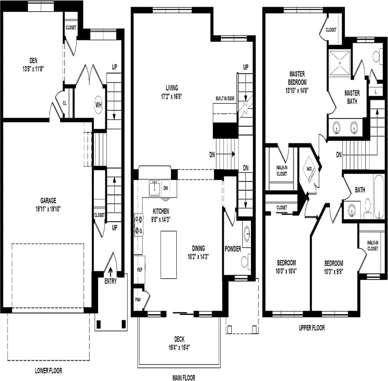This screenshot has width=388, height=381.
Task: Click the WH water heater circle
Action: (x=99, y=105)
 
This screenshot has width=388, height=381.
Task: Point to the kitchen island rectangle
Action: (x=168, y=255)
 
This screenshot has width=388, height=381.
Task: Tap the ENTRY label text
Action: (x=110, y=281)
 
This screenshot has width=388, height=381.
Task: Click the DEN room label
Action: (x=33, y=60)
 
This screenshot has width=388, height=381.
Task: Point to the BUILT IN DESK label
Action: (x=225, y=98)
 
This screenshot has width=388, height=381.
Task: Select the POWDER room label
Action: (x=233, y=249)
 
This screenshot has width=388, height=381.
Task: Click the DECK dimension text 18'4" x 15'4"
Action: (x=179, y=347)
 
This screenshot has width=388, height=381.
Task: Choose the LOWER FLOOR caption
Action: (x=48, y=370)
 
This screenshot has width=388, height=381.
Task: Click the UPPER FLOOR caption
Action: (x=311, y=328)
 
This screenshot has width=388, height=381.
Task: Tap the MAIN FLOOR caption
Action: (x=184, y=378)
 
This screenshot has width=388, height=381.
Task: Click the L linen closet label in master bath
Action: (x=376, y=91)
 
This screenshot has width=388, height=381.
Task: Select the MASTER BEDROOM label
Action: (x=297, y=77)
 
